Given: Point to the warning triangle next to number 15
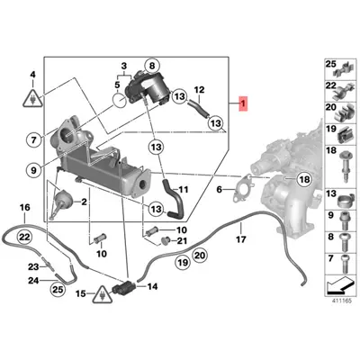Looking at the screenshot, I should pyautogui.click(x=105, y=294).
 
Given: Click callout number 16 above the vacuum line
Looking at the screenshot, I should pyautogui.click(x=24, y=207).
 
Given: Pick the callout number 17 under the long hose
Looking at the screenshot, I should pyautogui.click(x=240, y=240).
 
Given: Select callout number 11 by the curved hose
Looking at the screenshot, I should pyautogui.click(x=184, y=190).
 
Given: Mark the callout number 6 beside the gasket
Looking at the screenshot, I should pyautogui.click(x=218, y=189).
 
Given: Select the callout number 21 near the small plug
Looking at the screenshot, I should pyautogui.click(x=183, y=240).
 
